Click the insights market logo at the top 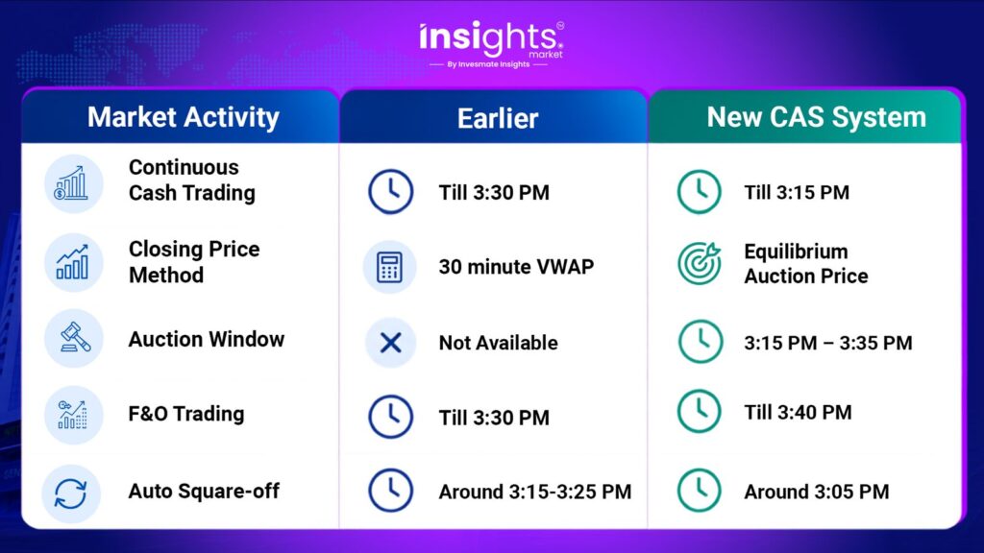(x=491, y=44)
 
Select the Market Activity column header (x=184, y=117)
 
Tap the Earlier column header (x=498, y=118)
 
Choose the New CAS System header (x=817, y=117)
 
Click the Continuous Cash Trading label (x=192, y=180)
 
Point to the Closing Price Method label (x=194, y=261)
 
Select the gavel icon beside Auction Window (x=74, y=339)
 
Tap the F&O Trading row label (x=186, y=414)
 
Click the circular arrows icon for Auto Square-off (x=71, y=493)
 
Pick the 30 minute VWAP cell (x=516, y=267)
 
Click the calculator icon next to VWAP (x=390, y=267)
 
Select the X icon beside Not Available (x=390, y=343)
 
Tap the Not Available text (x=499, y=343)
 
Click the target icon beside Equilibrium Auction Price (x=700, y=263)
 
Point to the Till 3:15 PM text (x=797, y=192)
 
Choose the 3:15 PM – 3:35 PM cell (x=828, y=343)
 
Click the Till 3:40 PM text (x=798, y=413)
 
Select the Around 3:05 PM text (x=817, y=492)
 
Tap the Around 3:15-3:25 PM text (x=535, y=492)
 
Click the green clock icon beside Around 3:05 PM (x=700, y=491)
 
